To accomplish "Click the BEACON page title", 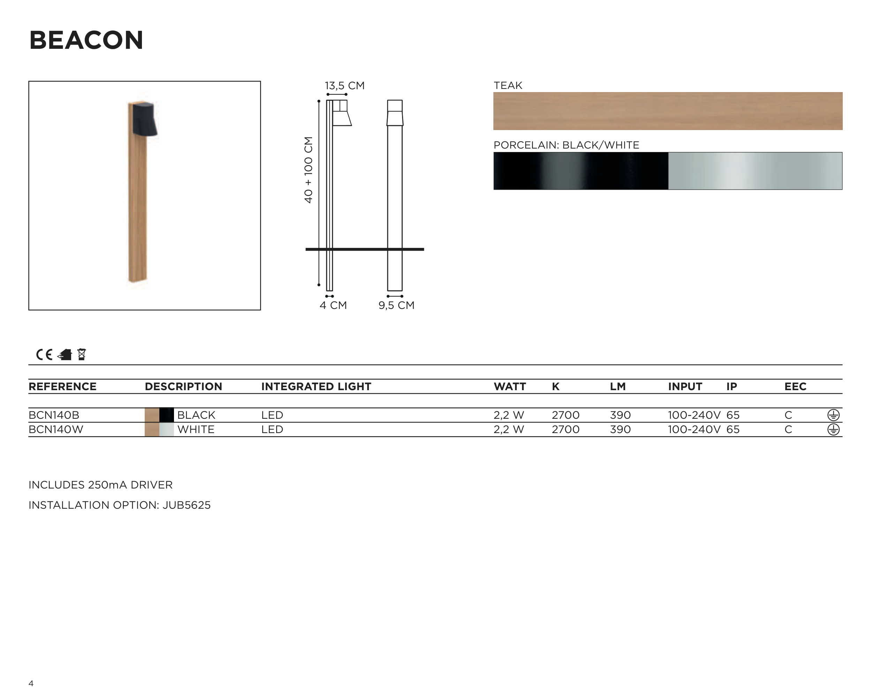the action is click(x=86, y=40).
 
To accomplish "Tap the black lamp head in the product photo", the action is click(x=145, y=119).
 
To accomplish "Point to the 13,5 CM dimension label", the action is click(x=344, y=86).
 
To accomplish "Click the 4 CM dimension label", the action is click(x=333, y=305).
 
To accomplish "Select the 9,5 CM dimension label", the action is click(x=396, y=305).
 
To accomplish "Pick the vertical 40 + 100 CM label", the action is click(x=308, y=170).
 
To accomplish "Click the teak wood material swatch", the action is click(x=668, y=111).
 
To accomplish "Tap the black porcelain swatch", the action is click(x=581, y=171).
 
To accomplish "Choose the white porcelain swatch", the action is click(x=755, y=171).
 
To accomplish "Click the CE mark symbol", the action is click(x=44, y=355).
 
